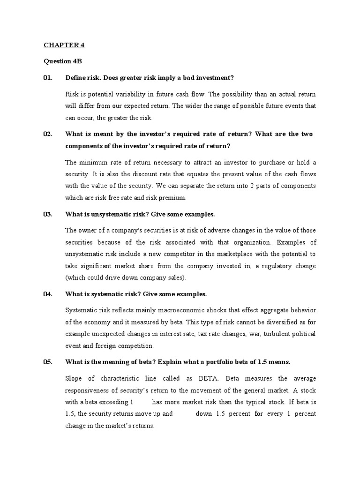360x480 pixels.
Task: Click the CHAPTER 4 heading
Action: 64,45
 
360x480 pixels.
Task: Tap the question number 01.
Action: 48,77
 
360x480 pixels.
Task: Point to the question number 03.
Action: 48,214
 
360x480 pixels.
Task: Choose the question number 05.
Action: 48,362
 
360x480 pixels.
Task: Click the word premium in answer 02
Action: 172,197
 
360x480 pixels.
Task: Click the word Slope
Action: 74,378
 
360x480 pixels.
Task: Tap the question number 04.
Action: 48,294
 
